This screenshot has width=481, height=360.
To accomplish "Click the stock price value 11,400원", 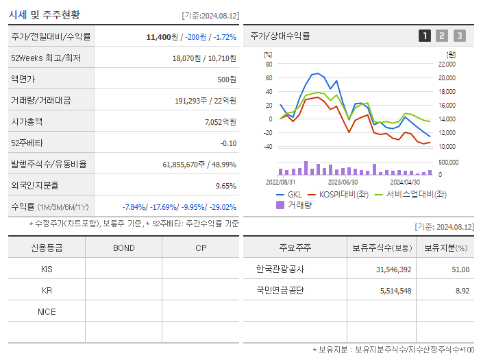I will coord(163,36).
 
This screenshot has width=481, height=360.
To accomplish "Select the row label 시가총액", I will coord(27,121).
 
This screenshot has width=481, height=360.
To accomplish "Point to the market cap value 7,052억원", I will coord(221,121).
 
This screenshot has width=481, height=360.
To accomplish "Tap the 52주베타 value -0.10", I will coord(228,143).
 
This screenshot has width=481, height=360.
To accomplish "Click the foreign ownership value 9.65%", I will coord(225,185).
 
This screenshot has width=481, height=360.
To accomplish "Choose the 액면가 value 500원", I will coord(227,79).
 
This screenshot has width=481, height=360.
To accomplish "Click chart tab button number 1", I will coord(425,36).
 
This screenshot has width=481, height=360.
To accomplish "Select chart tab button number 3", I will coord(459,36).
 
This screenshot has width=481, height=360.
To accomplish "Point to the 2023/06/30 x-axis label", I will coord(343,182).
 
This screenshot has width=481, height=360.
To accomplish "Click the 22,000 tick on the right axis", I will coord(446,64).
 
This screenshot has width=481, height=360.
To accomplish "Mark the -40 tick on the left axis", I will coord(269,147).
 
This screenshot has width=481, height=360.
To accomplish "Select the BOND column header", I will coord(123,248).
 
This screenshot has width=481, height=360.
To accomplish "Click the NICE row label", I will coord(47,311).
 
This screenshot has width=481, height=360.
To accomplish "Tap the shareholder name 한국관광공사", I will coord(280,269).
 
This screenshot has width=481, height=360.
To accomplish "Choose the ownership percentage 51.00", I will coord(460,269).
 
